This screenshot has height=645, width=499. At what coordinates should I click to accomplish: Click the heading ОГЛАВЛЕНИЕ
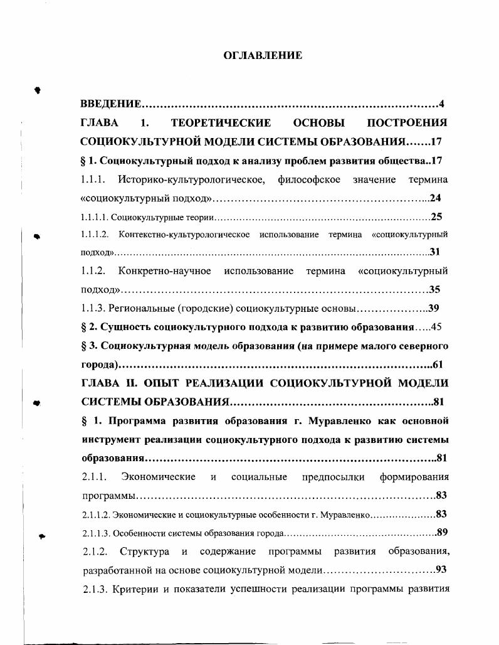(x=263, y=56)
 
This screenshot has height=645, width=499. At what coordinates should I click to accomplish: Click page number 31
(x=436, y=252)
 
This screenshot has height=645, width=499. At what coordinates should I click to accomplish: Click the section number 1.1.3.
(x=93, y=309)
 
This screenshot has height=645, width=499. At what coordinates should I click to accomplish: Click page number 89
(x=441, y=533)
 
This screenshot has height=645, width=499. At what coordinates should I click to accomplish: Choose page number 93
(x=441, y=570)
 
